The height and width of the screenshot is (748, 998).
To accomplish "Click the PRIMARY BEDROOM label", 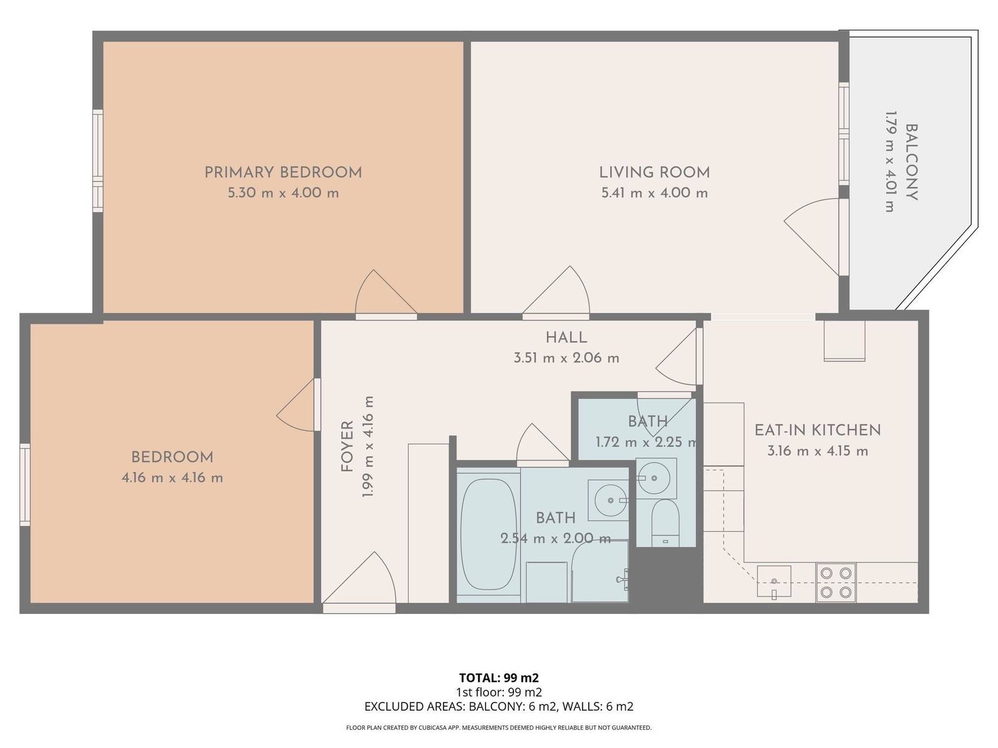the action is click(283, 173).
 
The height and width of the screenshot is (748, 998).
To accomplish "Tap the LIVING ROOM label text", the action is click(654, 173).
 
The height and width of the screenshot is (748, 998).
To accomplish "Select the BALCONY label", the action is click(911, 162).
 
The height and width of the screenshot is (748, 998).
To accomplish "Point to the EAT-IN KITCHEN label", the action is click(818, 430).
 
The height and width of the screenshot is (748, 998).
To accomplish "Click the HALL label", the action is click(566, 337).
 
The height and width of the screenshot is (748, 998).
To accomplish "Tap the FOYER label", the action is click(347, 446).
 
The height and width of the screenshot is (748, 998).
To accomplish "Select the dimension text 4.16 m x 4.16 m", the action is click(172, 477).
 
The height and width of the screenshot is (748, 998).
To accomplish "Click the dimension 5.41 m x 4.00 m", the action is click(654, 193).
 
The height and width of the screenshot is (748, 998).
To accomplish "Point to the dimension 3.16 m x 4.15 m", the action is click(818, 451).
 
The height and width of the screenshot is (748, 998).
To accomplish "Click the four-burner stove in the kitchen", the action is click(836, 582).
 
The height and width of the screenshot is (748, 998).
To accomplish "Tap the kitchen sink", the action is click(774, 581).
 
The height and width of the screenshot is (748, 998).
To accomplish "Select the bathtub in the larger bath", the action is click(488, 534).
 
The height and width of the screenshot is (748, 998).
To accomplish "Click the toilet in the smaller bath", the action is click(665, 523).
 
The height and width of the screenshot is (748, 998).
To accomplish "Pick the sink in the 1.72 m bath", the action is click(656, 477).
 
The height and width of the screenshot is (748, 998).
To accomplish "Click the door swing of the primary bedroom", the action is click(385, 292).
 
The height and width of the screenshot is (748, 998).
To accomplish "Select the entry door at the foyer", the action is click(359, 579).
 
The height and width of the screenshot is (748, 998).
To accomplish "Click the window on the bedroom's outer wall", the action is click(24, 484).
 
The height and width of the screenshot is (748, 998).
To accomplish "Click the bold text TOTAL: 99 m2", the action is click(499, 678).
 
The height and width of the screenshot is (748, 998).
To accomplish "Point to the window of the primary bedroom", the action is click(98, 160).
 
